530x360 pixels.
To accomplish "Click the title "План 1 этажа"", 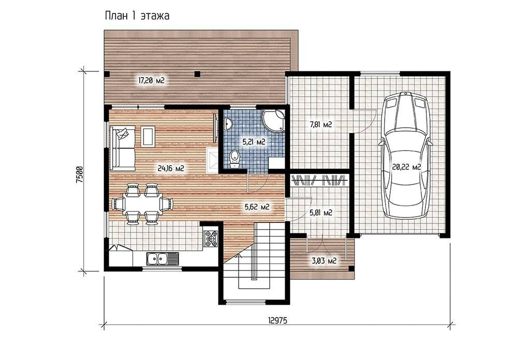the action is [x=137, y=16].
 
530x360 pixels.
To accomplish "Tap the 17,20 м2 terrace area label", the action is [x=151, y=80].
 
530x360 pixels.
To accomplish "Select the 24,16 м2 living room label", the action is [x=171, y=168].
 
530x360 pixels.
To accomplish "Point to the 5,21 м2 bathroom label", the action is [x=253, y=142].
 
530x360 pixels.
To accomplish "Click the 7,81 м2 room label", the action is [x=321, y=125].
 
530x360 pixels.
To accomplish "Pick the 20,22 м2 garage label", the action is [x=406, y=167].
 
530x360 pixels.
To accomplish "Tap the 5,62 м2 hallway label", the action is [x=257, y=207].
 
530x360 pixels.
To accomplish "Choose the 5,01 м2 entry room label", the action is [x=321, y=213].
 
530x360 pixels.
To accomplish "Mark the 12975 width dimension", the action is [x=277, y=321].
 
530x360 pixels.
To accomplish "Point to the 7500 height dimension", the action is [x=79, y=175].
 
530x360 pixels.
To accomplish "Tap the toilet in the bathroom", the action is [x=234, y=159].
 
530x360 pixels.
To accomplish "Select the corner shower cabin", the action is [x=273, y=120].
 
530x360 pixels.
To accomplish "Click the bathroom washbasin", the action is [x=228, y=124].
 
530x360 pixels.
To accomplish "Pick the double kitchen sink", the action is [x=162, y=259].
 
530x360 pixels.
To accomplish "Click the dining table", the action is [x=142, y=204].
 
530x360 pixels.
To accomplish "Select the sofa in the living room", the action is [x=122, y=148].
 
